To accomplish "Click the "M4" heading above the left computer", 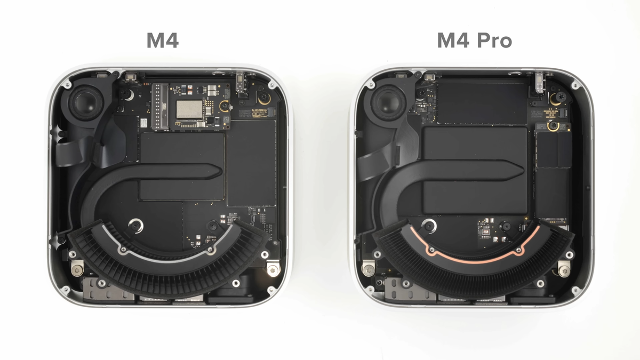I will tap(162, 41).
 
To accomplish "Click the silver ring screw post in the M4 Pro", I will tap(429, 226).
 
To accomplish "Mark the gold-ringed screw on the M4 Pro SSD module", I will tap(555, 126).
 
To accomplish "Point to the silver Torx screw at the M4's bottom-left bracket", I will tap(77, 266).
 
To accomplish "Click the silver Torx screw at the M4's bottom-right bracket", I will tap(273, 269).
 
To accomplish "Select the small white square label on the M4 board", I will tap(143, 123).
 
